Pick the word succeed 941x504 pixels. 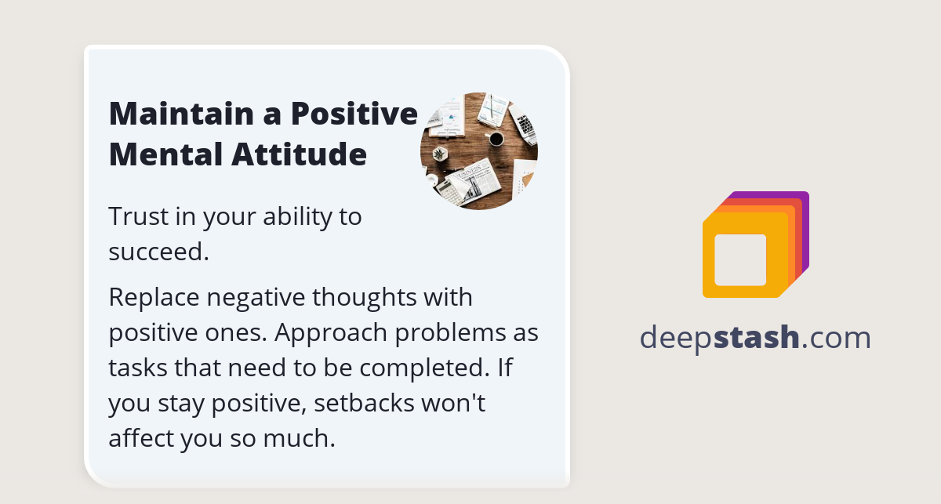[x=158, y=252]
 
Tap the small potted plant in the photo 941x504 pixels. [x=439, y=153]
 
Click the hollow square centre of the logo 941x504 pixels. [x=740, y=259]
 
